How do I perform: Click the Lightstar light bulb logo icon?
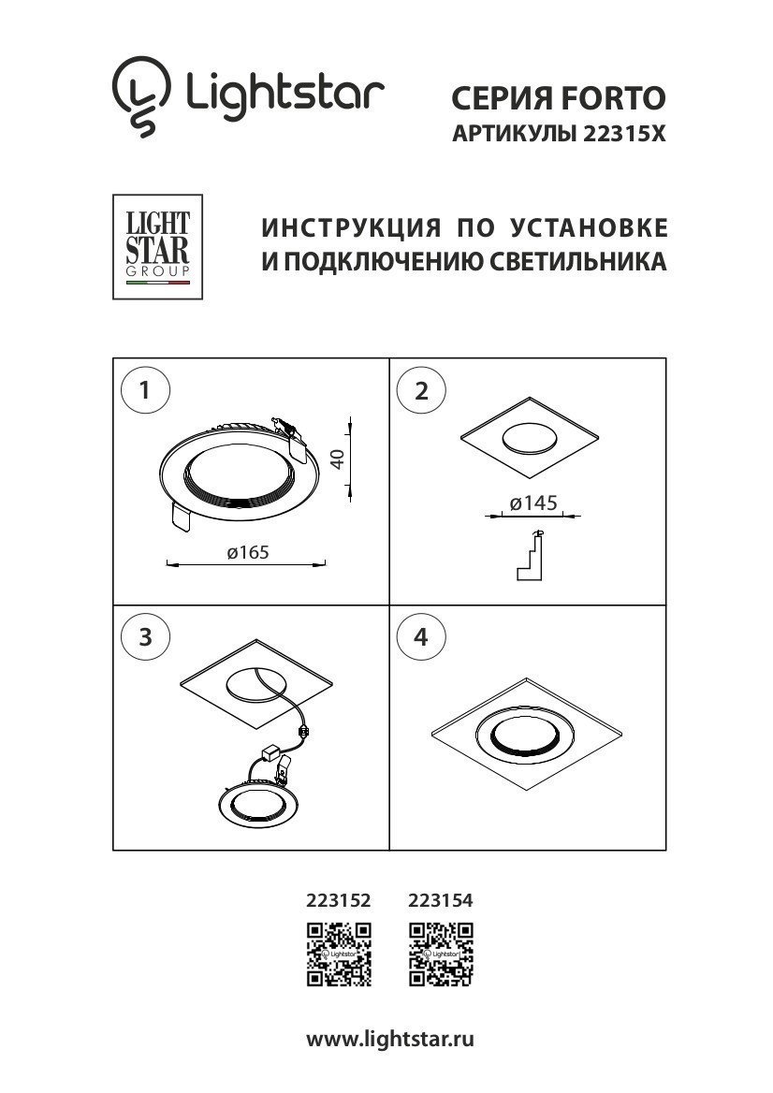pos(142,95)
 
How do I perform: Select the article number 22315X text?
pos(623,134)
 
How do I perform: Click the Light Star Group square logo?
pos(157,247)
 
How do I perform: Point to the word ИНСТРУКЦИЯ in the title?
pos(348,228)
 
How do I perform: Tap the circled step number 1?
pos(145,390)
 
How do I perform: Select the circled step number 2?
pos(421,390)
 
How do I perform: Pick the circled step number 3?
pos(145,637)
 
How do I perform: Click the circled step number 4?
pos(421,637)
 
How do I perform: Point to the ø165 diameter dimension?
pos(247,553)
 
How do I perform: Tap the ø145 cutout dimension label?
pos(532,503)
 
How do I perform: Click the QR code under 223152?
pos(339,954)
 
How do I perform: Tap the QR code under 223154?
pos(441,954)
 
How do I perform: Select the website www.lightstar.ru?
pos(390,1040)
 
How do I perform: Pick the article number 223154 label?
pos(441,901)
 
